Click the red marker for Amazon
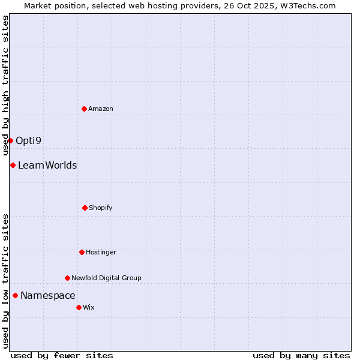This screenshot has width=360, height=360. (x=84, y=109)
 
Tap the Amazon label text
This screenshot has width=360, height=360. (x=101, y=109)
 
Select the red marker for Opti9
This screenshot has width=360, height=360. (x=10, y=140)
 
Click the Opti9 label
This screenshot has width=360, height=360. (x=29, y=141)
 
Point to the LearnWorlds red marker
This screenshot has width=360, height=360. (x=13, y=165)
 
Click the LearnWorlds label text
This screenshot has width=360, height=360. (x=47, y=166)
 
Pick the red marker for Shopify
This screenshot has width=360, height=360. (x=85, y=208)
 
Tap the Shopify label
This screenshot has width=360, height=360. (x=101, y=208)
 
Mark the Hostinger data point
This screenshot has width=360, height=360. (x=82, y=252)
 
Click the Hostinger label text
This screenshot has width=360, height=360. (x=101, y=253)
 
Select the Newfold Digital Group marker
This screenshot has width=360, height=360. (x=67, y=278)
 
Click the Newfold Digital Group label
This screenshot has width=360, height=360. (x=106, y=278)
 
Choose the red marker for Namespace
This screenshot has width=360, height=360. (x=15, y=295)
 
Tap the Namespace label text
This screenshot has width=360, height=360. (x=48, y=296)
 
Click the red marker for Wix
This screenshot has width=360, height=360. (x=79, y=307)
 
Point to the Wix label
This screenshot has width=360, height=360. (x=89, y=308)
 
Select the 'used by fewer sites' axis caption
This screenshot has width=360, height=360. (x=62, y=355)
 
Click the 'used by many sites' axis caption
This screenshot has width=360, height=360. (x=301, y=355)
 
